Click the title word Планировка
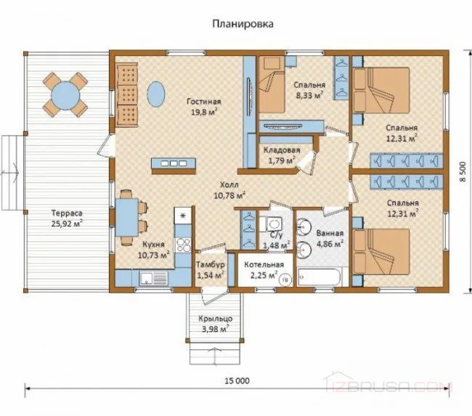243,24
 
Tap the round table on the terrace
65,96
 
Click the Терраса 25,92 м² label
67,219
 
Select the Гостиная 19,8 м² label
204,107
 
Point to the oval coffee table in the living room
156,94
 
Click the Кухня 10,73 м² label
153,250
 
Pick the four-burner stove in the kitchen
183,245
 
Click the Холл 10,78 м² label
229,190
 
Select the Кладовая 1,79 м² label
282,155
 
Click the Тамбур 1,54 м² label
211,269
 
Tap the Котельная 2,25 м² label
264,269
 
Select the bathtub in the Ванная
319,277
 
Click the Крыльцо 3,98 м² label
215,324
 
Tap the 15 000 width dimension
237,380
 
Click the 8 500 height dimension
463,171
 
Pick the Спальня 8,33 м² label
309,90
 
